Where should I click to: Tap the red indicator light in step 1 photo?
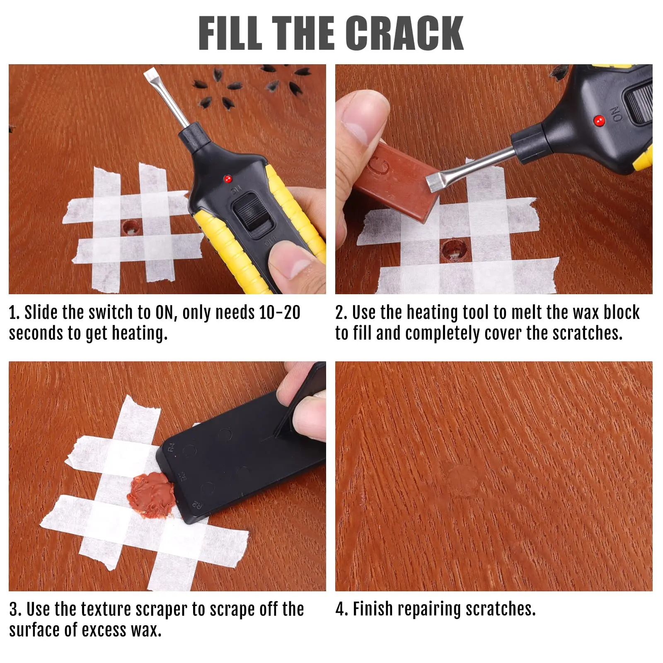tap(227, 179)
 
